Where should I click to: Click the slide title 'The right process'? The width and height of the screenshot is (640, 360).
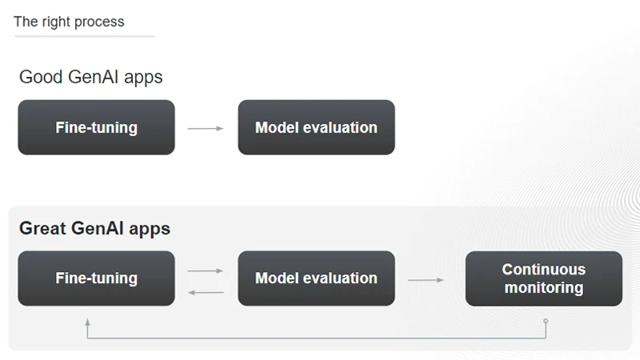coord(69,22)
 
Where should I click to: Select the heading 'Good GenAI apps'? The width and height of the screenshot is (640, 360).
coord(90,78)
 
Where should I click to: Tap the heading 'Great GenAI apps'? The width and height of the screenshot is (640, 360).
coord(94,229)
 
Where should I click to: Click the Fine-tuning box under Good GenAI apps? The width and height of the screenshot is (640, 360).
coord(96,127)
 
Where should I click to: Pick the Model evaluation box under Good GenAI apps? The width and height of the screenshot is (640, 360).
coord(316,127)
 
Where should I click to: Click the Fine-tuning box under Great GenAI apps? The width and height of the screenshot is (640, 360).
coord(96,278)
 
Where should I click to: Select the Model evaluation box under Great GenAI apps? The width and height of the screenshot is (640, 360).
coord(316,278)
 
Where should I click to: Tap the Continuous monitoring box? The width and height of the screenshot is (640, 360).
coord(543,278)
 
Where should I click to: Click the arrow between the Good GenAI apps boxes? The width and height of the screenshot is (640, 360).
coord(206,128)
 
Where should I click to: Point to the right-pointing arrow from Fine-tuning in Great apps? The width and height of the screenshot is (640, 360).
coord(206,271)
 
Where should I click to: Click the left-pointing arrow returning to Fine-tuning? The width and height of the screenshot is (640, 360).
coord(206,292)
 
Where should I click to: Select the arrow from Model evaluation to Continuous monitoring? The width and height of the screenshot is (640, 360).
coord(426,280)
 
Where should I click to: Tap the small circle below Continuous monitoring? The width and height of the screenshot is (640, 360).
coord(546,321)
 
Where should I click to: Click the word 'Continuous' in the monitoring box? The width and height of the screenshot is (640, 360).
coord(543,270)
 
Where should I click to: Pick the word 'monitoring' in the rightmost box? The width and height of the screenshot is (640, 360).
coord(543,288)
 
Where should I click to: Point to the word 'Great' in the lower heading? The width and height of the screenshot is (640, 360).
coord(42,229)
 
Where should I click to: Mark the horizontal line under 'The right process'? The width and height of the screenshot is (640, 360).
coord(84,36)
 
